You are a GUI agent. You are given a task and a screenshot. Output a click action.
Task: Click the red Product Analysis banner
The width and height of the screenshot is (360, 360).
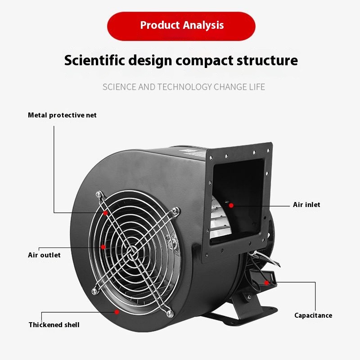click(x=181, y=26)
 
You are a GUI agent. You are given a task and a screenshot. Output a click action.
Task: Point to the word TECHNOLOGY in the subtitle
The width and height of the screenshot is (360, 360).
click(x=184, y=87)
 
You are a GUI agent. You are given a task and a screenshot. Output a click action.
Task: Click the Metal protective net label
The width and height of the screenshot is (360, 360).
click(x=62, y=115)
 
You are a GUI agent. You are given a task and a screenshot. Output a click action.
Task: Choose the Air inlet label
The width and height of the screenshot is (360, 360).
click(x=306, y=205)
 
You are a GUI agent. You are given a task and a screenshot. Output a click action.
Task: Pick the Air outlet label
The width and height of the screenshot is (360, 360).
click(x=44, y=255)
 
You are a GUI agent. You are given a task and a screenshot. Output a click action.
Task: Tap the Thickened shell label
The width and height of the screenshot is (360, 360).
click(x=54, y=324)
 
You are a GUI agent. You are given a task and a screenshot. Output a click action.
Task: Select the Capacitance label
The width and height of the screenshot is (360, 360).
click(x=313, y=315)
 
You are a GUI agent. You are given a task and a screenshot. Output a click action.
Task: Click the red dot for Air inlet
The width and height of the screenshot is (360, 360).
click(x=231, y=205)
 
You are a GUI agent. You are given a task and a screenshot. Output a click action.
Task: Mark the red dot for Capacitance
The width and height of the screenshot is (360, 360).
click(x=267, y=283)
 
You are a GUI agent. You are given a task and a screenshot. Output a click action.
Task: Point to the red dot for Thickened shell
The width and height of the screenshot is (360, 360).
click(x=117, y=311)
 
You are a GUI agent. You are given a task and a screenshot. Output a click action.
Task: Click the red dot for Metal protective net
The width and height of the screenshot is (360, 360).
click(x=105, y=212)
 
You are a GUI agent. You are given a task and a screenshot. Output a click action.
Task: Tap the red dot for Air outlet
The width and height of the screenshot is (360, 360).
click(x=103, y=247)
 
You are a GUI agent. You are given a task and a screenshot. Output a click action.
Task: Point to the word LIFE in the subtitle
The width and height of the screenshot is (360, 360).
click(x=256, y=87)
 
